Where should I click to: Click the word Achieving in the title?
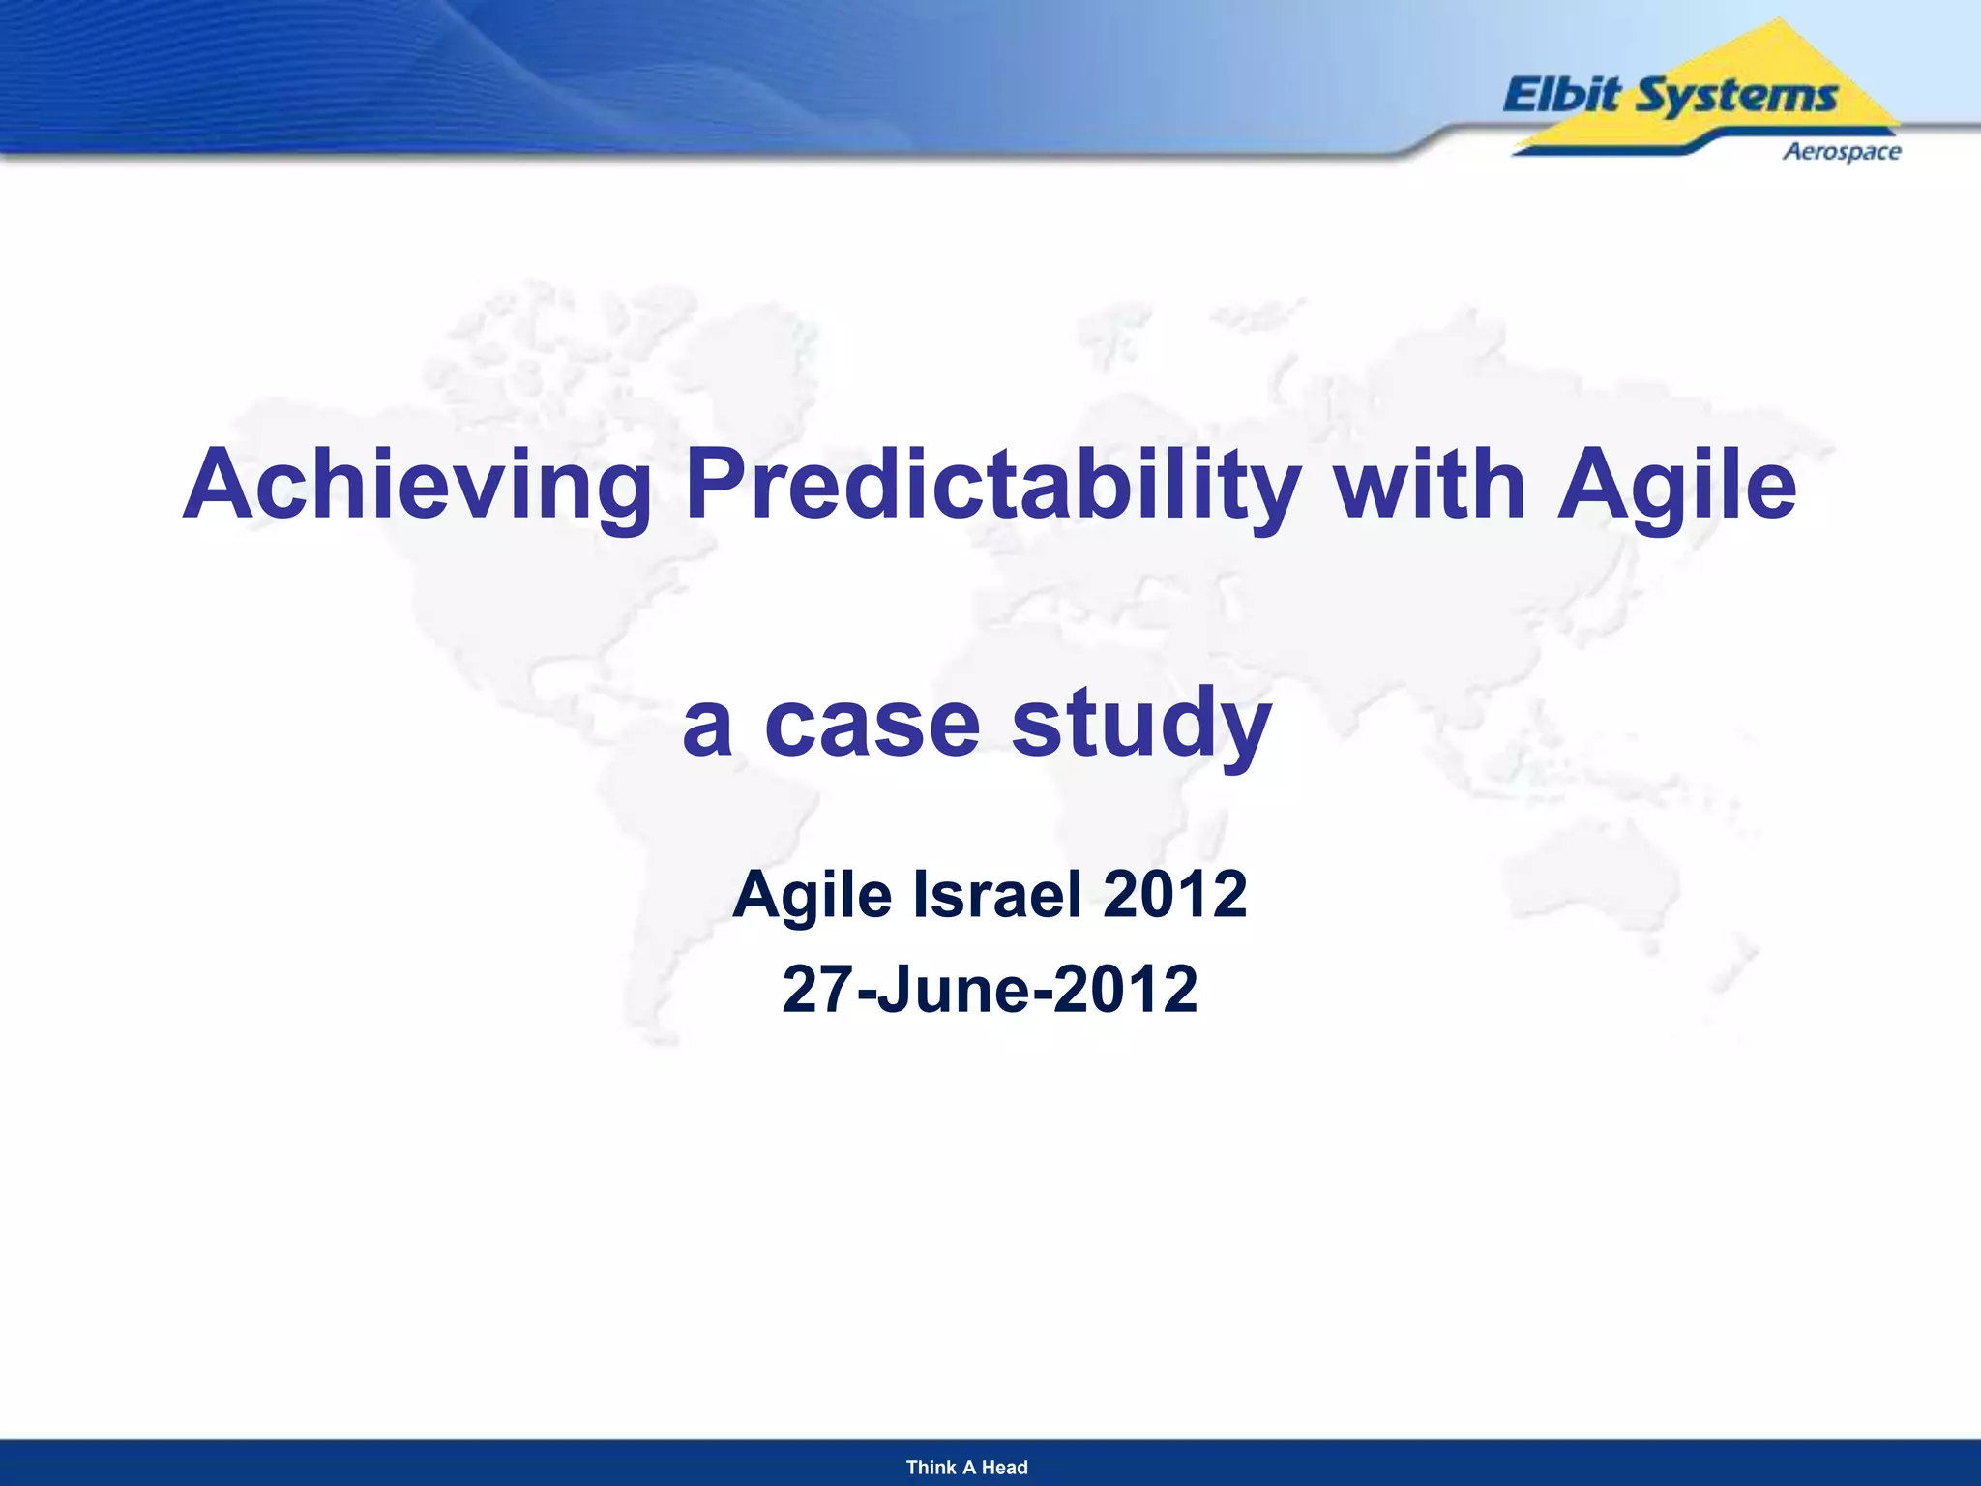pos(417,485)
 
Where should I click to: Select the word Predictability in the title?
pos(992,485)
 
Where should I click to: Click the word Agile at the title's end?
pos(1676,485)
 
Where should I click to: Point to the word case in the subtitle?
pos(872,724)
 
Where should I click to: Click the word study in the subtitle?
pos(1141,724)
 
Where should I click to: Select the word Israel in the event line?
pos(996,894)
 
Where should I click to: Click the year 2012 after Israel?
pos(1174,894)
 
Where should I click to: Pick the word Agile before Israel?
pos(812,896)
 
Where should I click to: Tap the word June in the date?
pos(953,989)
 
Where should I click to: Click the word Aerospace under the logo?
pos(1841,151)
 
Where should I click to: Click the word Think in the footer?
pos(930,1467)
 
